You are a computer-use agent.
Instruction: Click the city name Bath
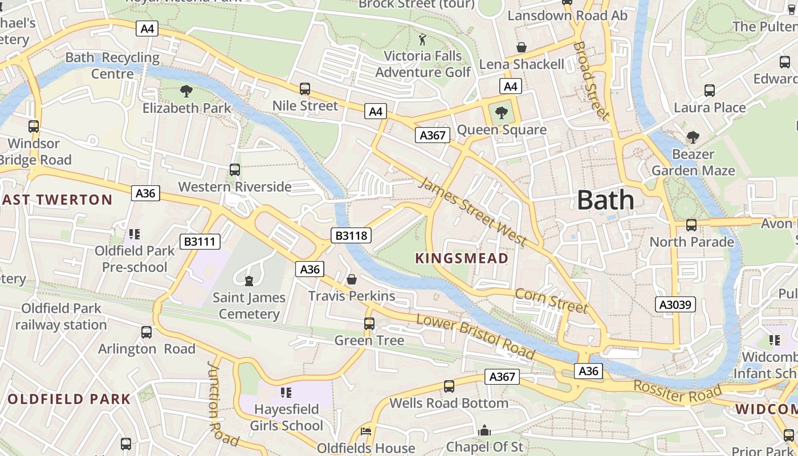(605, 200)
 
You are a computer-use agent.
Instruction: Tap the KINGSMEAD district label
(462, 258)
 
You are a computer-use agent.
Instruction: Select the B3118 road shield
(351, 235)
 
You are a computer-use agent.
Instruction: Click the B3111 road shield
(200, 242)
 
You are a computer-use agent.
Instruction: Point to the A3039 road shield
(675, 304)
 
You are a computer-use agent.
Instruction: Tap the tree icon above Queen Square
(502, 112)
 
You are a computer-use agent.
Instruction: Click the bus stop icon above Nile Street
(305, 88)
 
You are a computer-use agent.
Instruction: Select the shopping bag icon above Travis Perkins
(352, 279)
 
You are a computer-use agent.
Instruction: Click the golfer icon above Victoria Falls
(422, 39)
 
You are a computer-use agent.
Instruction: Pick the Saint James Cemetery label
(249, 306)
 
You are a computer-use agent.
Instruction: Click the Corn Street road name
(551, 300)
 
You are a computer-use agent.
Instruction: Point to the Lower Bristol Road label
(475, 336)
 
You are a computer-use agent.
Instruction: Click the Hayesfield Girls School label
(288, 417)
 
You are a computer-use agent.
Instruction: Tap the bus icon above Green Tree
(369, 323)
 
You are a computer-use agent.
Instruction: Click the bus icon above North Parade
(691, 225)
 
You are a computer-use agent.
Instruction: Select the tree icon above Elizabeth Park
(186, 91)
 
